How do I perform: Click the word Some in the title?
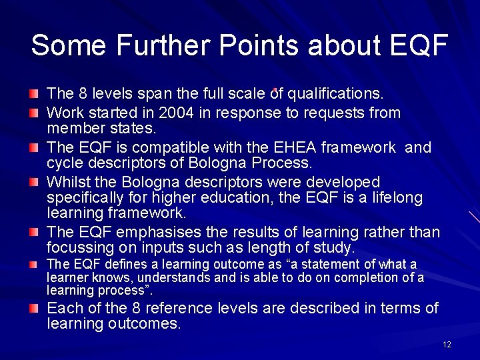(x=69, y=45)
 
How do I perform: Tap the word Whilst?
(x=71, y=182)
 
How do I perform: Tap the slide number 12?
(x=447, y=345)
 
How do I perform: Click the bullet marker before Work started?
(x=34, y=113)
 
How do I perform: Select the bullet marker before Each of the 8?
(x=34, y=308)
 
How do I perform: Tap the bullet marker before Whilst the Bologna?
(x=34, y=182)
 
